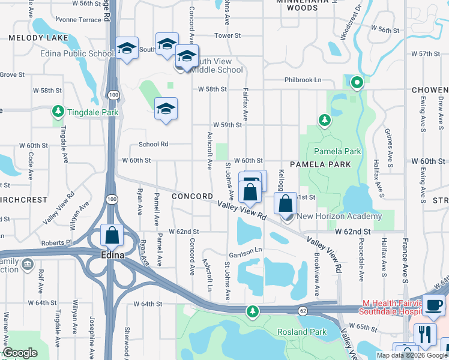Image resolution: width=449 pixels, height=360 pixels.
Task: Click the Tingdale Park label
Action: pos(92,112)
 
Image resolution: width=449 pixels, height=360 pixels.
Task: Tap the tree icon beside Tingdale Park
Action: pos(58,112)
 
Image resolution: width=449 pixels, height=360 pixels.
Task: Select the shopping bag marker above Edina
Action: pos(112,235)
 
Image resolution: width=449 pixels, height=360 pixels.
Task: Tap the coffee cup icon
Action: pos(433,304)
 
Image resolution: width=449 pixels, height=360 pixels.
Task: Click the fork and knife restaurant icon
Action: pos(425,334)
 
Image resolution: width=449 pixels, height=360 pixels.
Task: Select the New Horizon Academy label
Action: pos(339,217)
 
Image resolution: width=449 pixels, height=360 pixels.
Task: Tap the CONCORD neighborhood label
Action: pos(191,196)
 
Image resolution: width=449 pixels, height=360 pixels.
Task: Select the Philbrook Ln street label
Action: pos(303,80)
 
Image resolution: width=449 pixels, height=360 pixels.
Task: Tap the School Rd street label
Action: pos(154,145)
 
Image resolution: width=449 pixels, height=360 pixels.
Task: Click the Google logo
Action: pos(20,353)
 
